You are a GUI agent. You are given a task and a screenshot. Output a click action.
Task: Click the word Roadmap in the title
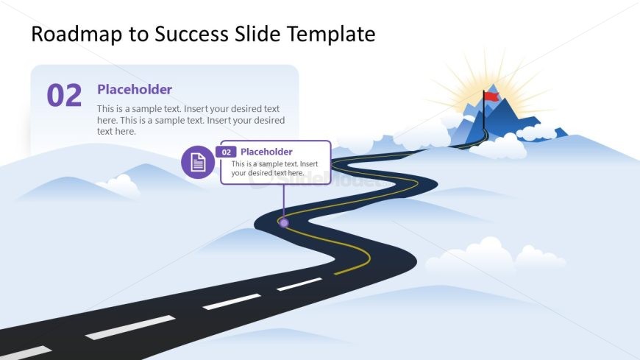click(x=77, y=34)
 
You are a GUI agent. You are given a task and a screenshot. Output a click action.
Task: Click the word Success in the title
click(x=191, y=34)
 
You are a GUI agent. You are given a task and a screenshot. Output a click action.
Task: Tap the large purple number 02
click(x=64, y=95)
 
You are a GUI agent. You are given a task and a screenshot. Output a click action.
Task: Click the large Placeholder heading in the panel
click(x=135, y=90)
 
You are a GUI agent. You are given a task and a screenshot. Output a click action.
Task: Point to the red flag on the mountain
click(x=491, y=96)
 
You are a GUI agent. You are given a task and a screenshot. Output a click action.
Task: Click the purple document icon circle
click(x=198, y=162)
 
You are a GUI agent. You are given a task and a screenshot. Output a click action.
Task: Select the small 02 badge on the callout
click(x=226, y=152)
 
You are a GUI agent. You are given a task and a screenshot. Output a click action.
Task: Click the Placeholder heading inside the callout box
click(x=266, y=152)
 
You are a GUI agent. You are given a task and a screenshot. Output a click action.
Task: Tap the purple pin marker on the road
click(x=284, y=223)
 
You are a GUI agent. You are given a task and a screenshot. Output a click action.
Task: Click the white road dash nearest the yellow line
click(x=299, y=284)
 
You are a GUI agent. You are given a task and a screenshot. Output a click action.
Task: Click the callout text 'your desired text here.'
click(x=268, y=173)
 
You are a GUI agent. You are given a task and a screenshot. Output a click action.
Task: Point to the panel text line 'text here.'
click(x=116, y=132)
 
